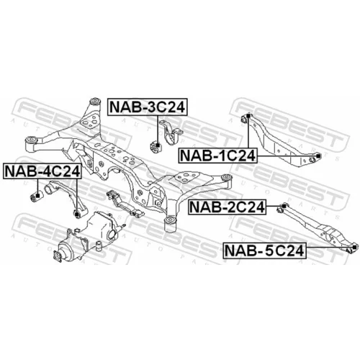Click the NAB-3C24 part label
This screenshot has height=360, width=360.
(x=148, y=107)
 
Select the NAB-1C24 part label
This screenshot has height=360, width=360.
(x=217, y=156)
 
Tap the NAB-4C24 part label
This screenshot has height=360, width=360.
(x=42, y=171)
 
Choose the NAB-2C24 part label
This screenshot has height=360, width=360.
(x=227, y=207)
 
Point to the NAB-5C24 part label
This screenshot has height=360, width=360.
(x=265, y=251)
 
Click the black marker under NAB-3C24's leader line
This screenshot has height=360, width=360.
(x=158, y=145)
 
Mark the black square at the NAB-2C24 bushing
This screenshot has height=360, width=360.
(x=284, y=206)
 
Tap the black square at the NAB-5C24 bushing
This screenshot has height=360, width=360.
(x=354, y=247)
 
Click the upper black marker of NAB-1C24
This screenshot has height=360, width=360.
(x=248, y=116)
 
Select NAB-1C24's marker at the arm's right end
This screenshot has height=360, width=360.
(x=318, y=156)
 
